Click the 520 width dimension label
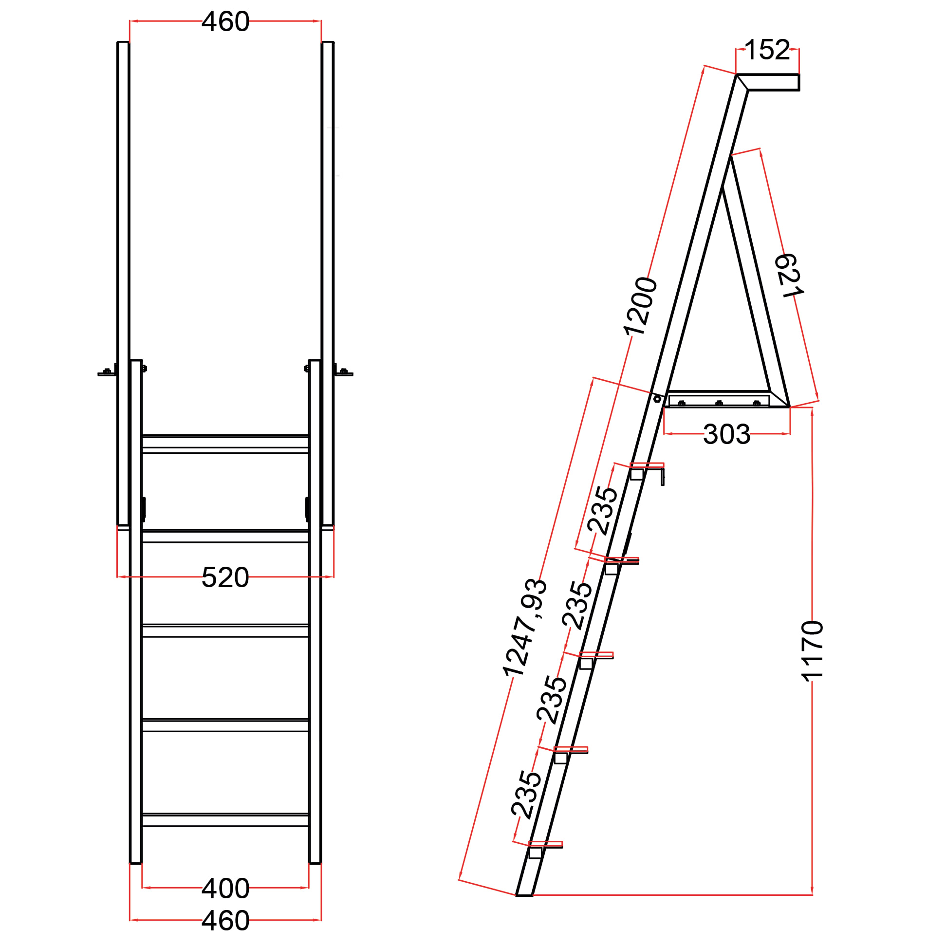pyautogui.click(x=225, y=577)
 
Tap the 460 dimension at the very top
pyautogui.click(x=225, y=21)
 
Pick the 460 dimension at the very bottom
pyautogui.click(x=225, y=921)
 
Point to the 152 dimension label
pyautogui.click(x=767, y=50)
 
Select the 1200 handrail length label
pyautogui.click(x=640, y=307)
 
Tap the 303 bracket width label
pyautogui.click(x=726, y=434)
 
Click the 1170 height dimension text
pyautogui.click(x=812, y=651)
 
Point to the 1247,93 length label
pyautogui.click(x=524, y=628)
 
